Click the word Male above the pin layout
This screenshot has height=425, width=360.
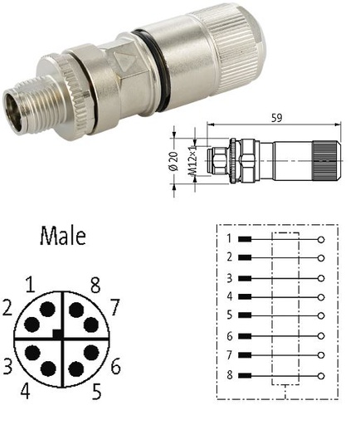click(63, 236)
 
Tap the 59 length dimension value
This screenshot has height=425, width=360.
click(276, 118)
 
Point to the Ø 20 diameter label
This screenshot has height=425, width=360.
click(174, 161)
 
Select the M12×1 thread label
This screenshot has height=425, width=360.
click(192, 161)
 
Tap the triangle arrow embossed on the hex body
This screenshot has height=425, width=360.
click(125, 59)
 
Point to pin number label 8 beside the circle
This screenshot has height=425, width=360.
click(95, 286)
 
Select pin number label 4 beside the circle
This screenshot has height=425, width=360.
click(25, 392)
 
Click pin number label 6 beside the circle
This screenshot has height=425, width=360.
click(116, 366)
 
